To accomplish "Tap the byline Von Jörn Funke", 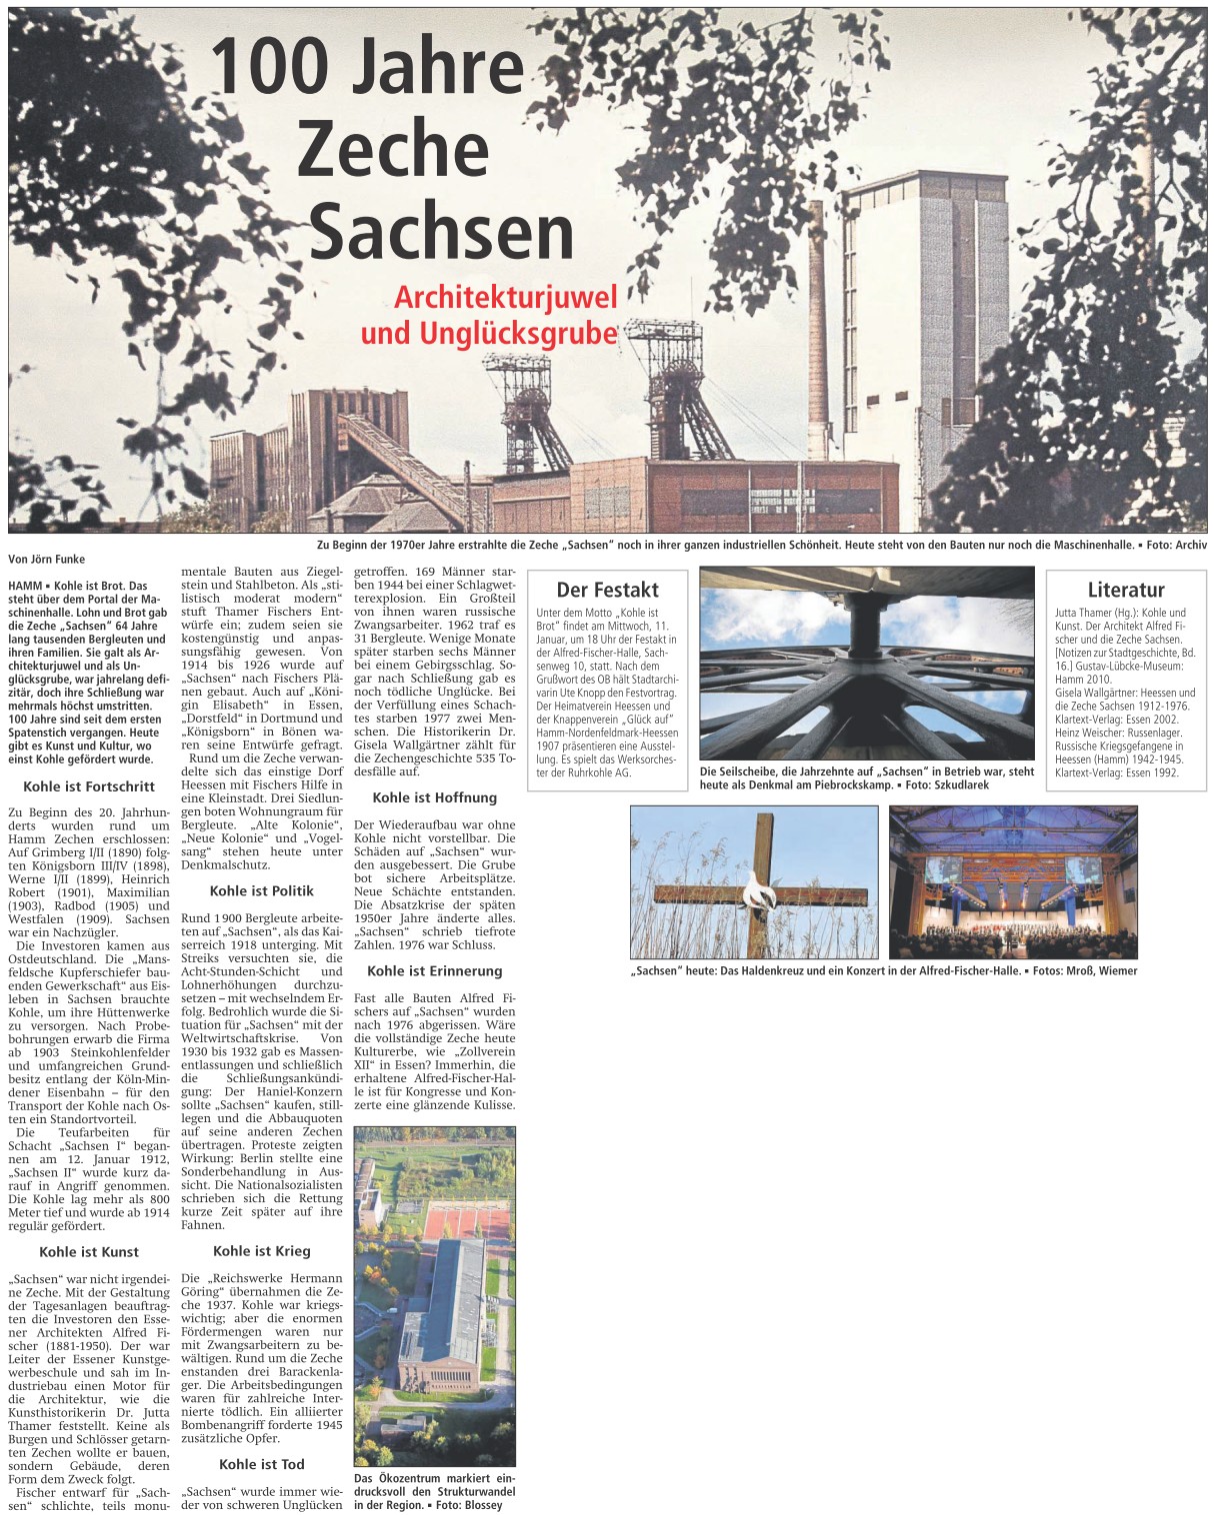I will pos(46,560).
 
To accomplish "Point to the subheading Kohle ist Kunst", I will pos(89,1251).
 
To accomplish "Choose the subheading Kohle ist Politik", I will pos(262,890).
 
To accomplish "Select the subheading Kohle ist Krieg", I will pos(262,1250).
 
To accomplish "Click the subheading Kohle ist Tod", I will pos(262,1464).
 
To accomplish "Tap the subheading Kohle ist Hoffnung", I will pos(435,797).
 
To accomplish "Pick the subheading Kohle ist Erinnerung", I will pos(435,970).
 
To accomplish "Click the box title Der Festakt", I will pos(607,590).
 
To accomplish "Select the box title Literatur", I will pos(1125,590).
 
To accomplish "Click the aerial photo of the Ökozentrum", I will pos(435,1294).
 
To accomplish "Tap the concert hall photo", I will pos(1012,881).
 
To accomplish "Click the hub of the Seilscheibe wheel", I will pos(868,625).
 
